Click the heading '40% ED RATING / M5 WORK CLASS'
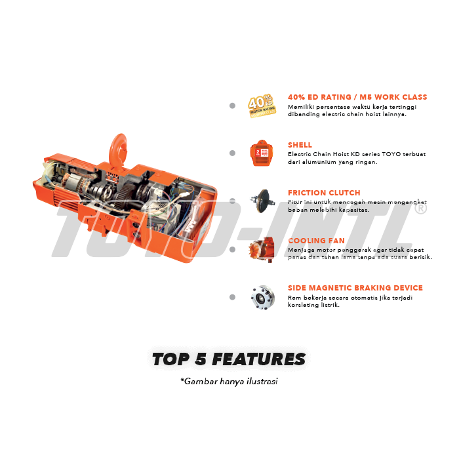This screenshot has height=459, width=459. [x=357, y=97]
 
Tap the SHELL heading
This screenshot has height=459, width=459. [x=300, y=145]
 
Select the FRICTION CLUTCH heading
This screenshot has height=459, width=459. [x=324, y=193]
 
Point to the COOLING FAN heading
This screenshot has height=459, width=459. [x=316, y=241]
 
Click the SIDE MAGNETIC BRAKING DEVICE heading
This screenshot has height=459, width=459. [x=355, y=288]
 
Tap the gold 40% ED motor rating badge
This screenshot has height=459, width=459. [x=262, y=106]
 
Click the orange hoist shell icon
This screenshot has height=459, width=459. [x=262, y=153]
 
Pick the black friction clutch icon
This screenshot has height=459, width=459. [x=262, y=201]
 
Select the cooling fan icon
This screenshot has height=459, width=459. [x=262, y=249]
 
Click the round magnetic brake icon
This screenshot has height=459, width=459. [x=263, y=298]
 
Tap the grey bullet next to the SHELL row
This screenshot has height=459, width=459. [x=232, y=153]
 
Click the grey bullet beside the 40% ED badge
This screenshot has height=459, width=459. [x=232, y=106]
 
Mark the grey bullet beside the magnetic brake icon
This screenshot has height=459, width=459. [x=232, y=297]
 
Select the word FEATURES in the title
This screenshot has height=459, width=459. [x=259, y=359]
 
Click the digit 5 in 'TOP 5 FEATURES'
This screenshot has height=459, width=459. [x=201, y=359]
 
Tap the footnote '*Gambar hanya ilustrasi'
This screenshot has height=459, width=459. [x=229, y=382]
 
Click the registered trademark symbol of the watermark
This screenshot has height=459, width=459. [x=421, y=209]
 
